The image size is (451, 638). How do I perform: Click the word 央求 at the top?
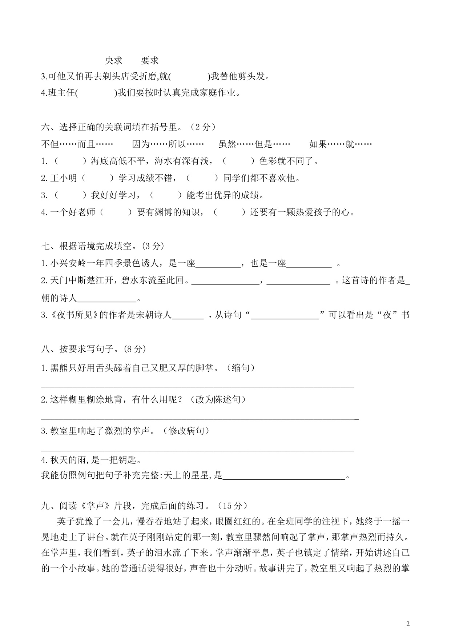point(113,60)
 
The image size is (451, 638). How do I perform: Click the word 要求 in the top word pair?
point(150,60)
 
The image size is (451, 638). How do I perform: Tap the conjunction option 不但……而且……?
point(77,144)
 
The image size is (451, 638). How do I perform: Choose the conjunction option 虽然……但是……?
point(254,144)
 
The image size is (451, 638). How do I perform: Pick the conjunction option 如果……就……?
point(340,144)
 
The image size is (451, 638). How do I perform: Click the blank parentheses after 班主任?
point(96,93)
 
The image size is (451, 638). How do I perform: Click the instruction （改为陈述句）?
point(217,399)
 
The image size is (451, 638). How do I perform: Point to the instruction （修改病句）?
point(186,431)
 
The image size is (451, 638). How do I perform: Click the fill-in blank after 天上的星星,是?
point(283,476)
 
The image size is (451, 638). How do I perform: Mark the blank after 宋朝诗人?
point(188,315)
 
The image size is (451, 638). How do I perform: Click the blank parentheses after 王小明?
point(97,178)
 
